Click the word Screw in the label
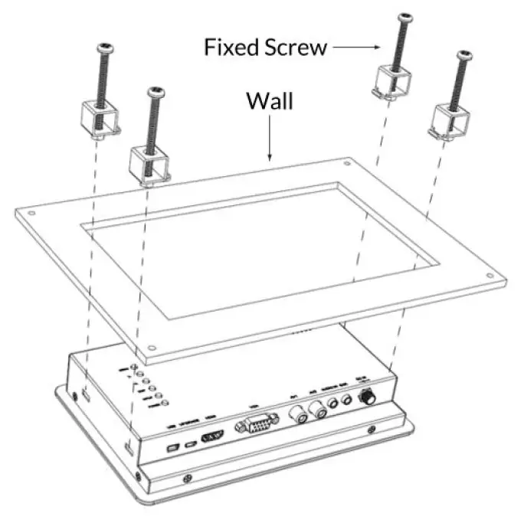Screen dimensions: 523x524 pyautogui.click(x=294, y=47)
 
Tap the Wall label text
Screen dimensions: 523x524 pyautogui.click(x=269, y=101)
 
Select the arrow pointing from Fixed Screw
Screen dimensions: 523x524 pyautogui.click(x=358, y=47)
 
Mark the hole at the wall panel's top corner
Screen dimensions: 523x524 pyautogui.click(x=347, y=163)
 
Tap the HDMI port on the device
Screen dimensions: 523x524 pyautogui.click(x=211, y=439)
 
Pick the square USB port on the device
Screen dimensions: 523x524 pyautogui.click(x=172, y=446)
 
